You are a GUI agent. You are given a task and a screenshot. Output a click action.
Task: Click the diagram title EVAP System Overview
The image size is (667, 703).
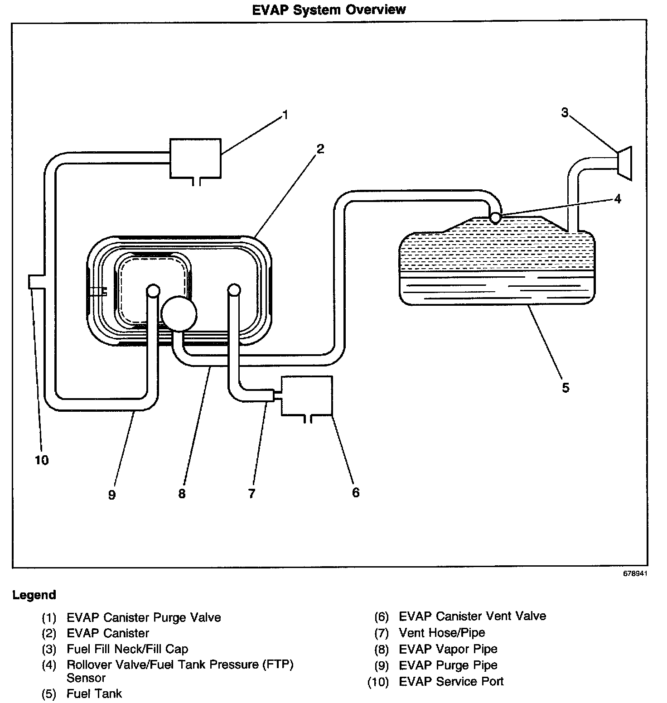pos(329,10)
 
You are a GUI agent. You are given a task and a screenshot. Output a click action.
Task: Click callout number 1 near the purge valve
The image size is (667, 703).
pos(285,116)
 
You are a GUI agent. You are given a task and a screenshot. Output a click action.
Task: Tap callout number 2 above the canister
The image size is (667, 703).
pos(320,149)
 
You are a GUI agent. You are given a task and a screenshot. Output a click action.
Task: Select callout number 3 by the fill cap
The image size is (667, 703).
pos(565,112)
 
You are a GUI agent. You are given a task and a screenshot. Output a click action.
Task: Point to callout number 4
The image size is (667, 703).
pos(618,198)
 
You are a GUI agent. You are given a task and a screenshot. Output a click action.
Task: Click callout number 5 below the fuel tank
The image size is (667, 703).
pos(565,388)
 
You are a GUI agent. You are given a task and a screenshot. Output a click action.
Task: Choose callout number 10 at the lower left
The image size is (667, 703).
pos(41,460)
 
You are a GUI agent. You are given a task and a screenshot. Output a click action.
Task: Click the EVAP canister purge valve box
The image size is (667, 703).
pos(195,158)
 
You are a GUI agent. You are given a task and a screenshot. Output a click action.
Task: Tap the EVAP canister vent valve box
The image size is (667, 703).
pos(307,395)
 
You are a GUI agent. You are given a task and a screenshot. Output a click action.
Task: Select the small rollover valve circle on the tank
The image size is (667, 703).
pos(495,217)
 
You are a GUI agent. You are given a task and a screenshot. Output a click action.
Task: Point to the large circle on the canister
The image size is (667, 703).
pos(179,313)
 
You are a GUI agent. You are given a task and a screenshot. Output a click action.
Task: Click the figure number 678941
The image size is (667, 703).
pos(635,573)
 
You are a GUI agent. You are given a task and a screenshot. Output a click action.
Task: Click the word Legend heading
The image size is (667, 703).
pos(34,595)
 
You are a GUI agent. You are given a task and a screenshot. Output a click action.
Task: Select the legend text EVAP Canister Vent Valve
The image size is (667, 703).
pos(472,616)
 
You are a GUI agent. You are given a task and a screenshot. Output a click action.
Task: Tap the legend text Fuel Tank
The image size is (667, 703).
pos(94,693)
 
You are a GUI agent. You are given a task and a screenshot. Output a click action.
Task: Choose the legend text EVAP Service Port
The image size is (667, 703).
pos(451,681)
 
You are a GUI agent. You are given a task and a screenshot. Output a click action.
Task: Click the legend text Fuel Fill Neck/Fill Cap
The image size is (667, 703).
pos(127,649)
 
